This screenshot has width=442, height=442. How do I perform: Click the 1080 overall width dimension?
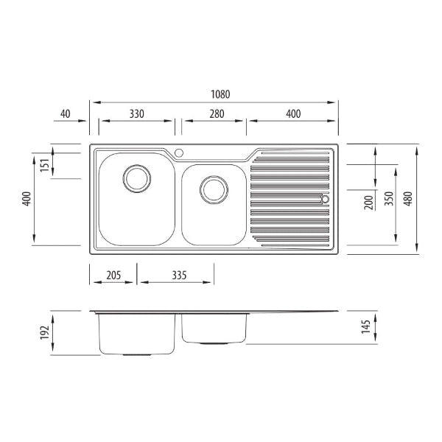[220, 94]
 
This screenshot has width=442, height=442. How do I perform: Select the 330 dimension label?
[137, 114]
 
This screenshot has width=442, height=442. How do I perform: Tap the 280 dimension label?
[217, 114]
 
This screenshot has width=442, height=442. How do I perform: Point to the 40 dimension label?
[65, 114]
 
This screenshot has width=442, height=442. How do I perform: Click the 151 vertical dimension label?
[45, 165]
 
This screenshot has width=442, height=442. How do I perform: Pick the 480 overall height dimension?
[408, 198]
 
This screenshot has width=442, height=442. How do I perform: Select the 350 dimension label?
[389, 198]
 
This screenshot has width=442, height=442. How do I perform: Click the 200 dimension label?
[368, 203]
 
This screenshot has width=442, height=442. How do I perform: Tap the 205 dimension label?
[113, 275]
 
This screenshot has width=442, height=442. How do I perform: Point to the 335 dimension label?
[179, 275]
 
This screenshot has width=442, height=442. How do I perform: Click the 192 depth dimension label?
[45, 333]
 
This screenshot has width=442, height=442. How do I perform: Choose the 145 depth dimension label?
[366, 326]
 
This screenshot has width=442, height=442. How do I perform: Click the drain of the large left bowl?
[137, 179]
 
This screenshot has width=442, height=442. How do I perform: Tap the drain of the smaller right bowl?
[214, 190]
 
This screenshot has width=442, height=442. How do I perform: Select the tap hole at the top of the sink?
[179, 153]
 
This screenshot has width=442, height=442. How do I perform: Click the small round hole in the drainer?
[325, 199]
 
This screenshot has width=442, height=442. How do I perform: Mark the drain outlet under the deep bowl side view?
[137, 354]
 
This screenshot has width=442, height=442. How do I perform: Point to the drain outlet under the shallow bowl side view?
[214, 343]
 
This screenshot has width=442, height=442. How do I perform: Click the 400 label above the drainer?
[293, 114]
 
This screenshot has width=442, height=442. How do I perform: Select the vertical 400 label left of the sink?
[27, 198]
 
